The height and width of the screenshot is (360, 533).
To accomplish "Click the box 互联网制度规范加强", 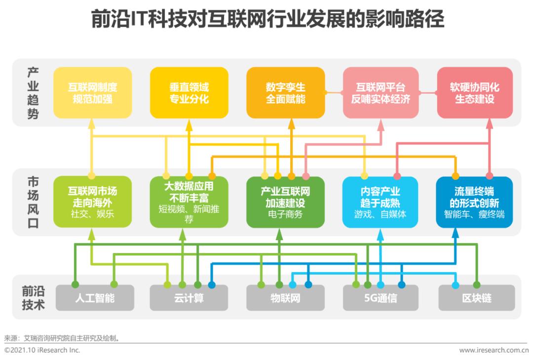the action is pyautogui.click(x=92, y=93).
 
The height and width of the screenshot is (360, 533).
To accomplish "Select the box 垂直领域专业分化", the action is pyautogui.click(x=189, y=93).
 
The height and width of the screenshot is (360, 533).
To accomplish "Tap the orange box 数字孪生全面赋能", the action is pyautogui.click(x=286, y=93).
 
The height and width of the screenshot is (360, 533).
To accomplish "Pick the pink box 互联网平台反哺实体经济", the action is pyautogui.click(x=381, y=93).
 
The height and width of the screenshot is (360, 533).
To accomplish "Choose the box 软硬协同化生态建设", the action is pyautogui.click(x=475, y=93).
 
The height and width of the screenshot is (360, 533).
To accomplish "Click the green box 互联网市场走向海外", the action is pyautogui.click(x=92, y=202).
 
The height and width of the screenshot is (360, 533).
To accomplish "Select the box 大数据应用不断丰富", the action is pyautogui.click(x=189, y=202).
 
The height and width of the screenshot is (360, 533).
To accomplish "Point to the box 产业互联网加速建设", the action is pyautogui.click(x=286, y=202).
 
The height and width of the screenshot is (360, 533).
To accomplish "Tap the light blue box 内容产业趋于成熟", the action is pyautogui.click(x=381, y=202).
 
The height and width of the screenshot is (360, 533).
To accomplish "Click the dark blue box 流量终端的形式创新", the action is pyautogui.click(x=475, y=202).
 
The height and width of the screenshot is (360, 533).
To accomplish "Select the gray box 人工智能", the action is pyautogui.click(x=95, y=298).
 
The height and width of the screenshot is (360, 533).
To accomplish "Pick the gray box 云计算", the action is pyautogui.click(x=189, y=298).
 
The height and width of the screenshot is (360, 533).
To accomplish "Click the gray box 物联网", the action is pyautogui.click(x=286, y=298).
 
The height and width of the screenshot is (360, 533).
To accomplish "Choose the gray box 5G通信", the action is pyautogui.click(x=381, y=298).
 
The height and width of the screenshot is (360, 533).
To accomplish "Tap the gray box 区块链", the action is pyautogui.click(x=477, y=298).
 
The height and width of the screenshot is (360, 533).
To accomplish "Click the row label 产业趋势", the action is pyautogui.click(x=33, y=93).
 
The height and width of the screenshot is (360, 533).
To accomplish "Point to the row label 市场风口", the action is pyautogui.click(x=33, y=202).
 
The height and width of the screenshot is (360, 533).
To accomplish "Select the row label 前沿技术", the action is pyautogui.click(x=34, y=298).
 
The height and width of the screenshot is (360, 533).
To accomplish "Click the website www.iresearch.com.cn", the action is pyautogui.click(x=494, y=350).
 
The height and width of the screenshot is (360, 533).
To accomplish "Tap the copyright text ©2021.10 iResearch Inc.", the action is pyautogui.click(x=42, y=350).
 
